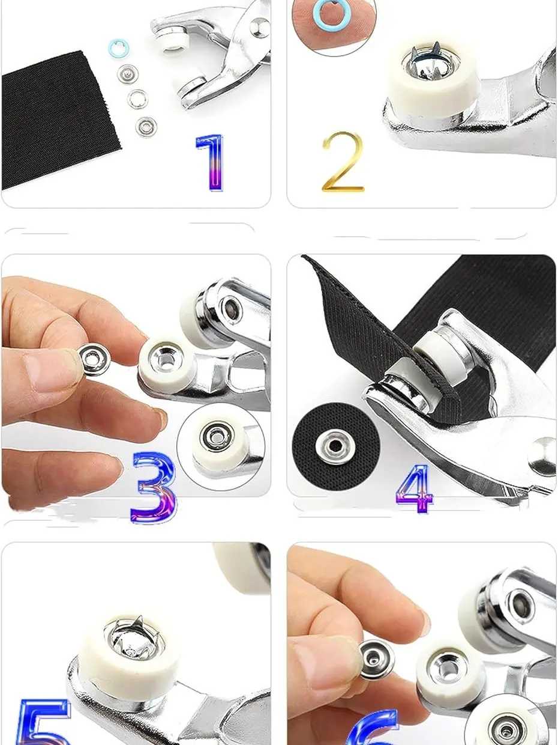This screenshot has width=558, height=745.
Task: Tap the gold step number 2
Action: [342, 162]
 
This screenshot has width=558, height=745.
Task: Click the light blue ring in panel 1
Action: [119, 48]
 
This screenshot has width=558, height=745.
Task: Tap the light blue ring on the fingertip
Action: [330, 14]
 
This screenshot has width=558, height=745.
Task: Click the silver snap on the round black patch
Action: [335, 446]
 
